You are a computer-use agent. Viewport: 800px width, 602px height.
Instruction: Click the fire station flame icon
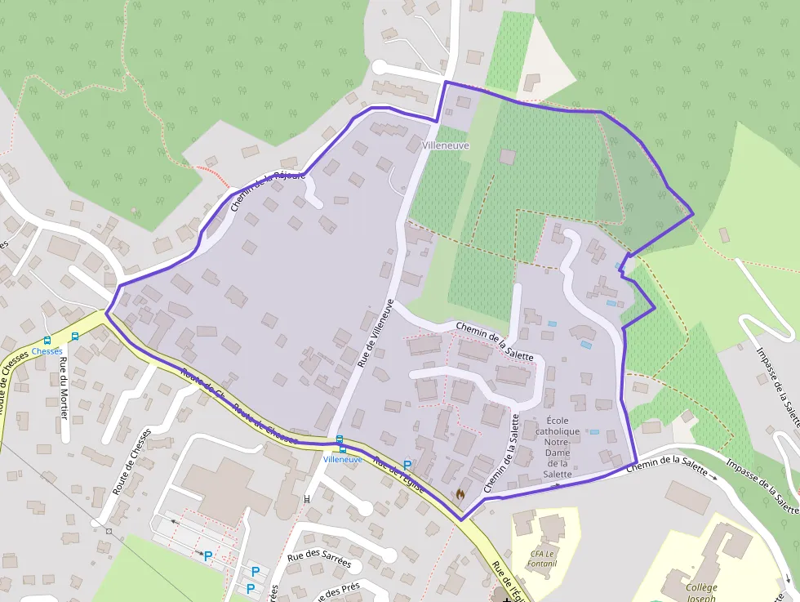coord(460,494)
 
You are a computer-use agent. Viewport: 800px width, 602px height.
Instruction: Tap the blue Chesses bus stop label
coord(47,351)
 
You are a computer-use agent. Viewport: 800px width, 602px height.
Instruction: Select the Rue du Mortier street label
coord(63,391)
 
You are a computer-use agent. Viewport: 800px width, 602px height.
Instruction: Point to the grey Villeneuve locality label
coord(447,145)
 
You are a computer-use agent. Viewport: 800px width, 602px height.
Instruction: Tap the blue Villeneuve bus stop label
coord(343,459)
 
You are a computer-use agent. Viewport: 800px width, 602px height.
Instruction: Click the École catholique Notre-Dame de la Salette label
coord(558,447)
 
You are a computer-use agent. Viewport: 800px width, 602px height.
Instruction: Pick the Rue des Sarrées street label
coord(319,562)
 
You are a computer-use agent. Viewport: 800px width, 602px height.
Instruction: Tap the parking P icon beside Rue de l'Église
coord(407,465)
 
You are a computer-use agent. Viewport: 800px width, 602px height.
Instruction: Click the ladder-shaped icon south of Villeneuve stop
coord(307,499)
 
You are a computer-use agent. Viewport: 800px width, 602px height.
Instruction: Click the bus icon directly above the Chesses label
coord(47,340)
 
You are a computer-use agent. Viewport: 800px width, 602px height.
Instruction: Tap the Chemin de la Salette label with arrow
coord(666,466)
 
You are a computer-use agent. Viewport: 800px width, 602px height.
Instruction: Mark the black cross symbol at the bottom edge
coord(507,599)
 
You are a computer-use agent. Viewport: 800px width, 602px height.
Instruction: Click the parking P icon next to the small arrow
coord(208,556)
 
